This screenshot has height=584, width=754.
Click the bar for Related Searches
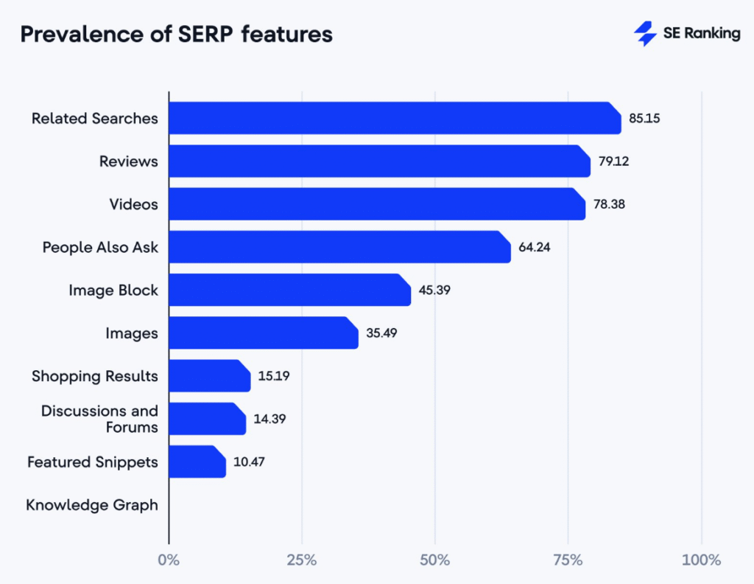click(x=394, y=118)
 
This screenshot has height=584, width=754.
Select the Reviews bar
click(x=379, y=161)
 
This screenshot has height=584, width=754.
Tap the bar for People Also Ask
click(x=339, y=247)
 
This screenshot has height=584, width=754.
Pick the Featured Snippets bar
click(x=197, y=462)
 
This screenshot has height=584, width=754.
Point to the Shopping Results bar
click(x=209, y=376)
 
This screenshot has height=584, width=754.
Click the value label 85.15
click(x=644, y=118)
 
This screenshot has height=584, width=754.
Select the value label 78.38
click(x=609, y=204)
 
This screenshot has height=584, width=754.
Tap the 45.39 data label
click(x=434, y=290)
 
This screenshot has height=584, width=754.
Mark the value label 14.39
click(x=269, y=419)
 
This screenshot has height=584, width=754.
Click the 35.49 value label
click(x=381, y=333)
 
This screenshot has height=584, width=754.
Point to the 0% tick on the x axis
click(x=169, y=560)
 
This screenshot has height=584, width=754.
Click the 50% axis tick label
click(x=435, y=560)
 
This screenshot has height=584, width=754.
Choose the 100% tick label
click(x=701, y=560)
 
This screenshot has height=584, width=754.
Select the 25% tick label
click(x=302, y=560)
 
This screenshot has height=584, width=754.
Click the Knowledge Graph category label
click(x=92, y=505)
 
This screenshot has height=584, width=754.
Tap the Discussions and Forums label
click(x=99, y=419)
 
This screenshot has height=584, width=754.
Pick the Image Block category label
click(x=113, y=291)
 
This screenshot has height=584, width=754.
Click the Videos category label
click(x=134, y=204)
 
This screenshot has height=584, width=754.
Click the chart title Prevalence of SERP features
click(x=176, y=35)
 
